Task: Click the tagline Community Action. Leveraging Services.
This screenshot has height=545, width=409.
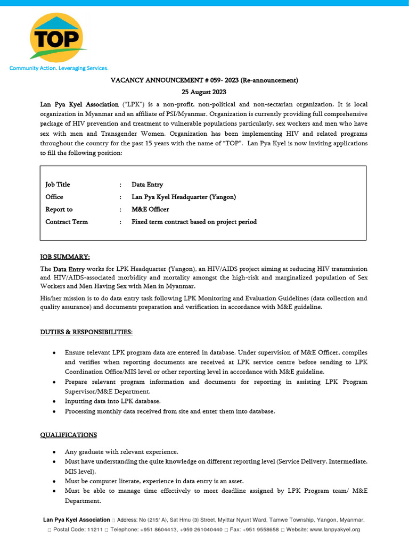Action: (59, 68)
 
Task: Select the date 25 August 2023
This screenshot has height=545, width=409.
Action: (204, 92)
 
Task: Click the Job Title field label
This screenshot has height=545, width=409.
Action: (58, 185)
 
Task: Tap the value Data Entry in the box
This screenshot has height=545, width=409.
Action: (148, 185)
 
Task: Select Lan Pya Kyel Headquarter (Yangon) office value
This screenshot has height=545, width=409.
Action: (184, 197)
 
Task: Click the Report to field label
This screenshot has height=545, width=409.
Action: (59, 210)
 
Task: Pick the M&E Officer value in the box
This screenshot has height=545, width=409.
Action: (150, 210)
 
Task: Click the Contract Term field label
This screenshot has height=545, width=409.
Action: (67, 222)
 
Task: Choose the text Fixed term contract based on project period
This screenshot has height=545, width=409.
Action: (194, 222)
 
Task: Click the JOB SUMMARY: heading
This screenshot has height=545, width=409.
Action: (65, 257)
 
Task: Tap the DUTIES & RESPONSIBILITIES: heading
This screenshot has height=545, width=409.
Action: (86, 332)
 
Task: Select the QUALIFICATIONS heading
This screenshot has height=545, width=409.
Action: (69, 435)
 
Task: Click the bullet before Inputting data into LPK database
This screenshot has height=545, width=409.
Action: (55, 401)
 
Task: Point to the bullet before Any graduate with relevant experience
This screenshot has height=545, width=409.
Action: (55, 452)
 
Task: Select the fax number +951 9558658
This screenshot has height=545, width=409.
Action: (259, 530)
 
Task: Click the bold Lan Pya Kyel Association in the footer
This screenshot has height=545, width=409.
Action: (76, 519)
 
